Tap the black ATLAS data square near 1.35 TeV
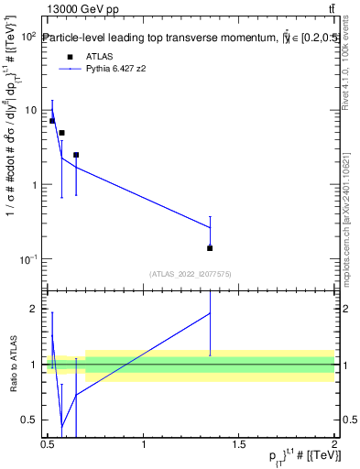tap(210, 248)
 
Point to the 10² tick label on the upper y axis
tap(27, 37)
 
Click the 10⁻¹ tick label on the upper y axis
tap(27, 260)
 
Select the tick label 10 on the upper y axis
tap(30, 111)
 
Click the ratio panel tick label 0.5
tap(31, 420)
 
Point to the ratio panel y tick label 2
tap(36, 309)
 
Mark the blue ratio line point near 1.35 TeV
tap(210, 313)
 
